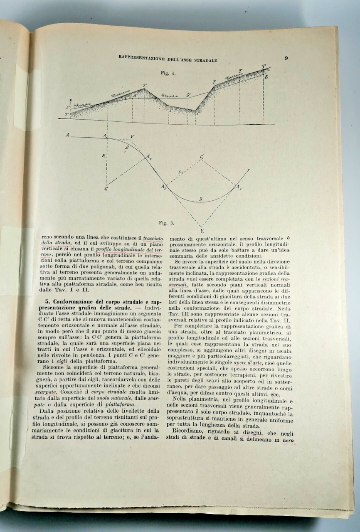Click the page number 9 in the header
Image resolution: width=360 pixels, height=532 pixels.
(286, 58)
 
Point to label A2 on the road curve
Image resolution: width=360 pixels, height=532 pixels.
(148, 157)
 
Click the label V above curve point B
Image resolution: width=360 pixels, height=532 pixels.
(132, 136)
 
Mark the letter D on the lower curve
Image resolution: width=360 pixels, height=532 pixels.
(200, 199)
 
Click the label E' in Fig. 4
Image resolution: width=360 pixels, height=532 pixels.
(266, 76)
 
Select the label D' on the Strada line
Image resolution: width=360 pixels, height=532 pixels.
(188, 95)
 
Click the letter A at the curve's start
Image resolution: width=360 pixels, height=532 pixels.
(67, 135)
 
